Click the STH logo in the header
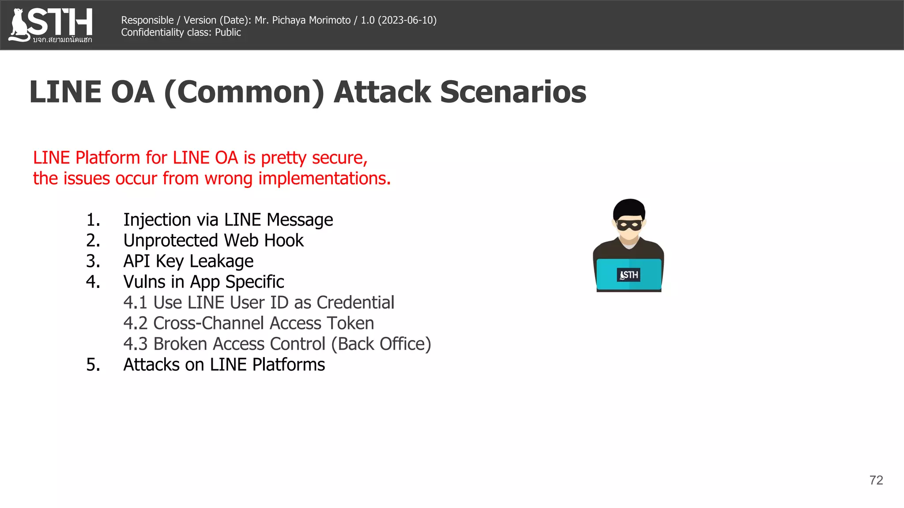pos(51,24)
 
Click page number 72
pos(876,480)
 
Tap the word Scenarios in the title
pos(513,92)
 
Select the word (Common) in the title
pos(244,92)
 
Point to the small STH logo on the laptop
pos(629,275)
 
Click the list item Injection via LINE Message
pos(228,220)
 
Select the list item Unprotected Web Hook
pos(213,240)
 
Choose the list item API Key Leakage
pos(188,261)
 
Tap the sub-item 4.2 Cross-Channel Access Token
pos(249,323)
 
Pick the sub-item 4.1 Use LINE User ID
pos(259,303)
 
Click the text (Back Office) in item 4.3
pos(381,344)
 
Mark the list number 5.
pos(93,365)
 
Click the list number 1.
pos(93,220)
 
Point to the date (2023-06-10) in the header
pos(407,20)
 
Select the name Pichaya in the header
pos(289,20)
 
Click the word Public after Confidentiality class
pos(228,32)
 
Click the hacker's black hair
pos(629,207)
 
